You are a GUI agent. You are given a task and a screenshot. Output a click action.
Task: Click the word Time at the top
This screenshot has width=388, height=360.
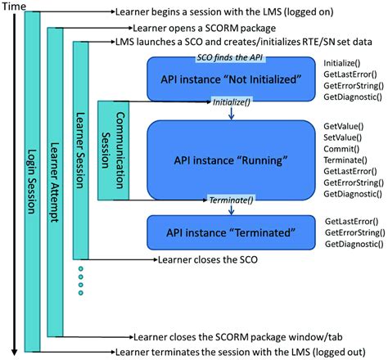click(16, 7)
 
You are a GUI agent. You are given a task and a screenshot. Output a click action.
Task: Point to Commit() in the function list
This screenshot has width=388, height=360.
click(340, 151)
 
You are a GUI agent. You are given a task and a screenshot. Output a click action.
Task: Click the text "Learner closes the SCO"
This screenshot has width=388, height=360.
click(205, 259)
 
